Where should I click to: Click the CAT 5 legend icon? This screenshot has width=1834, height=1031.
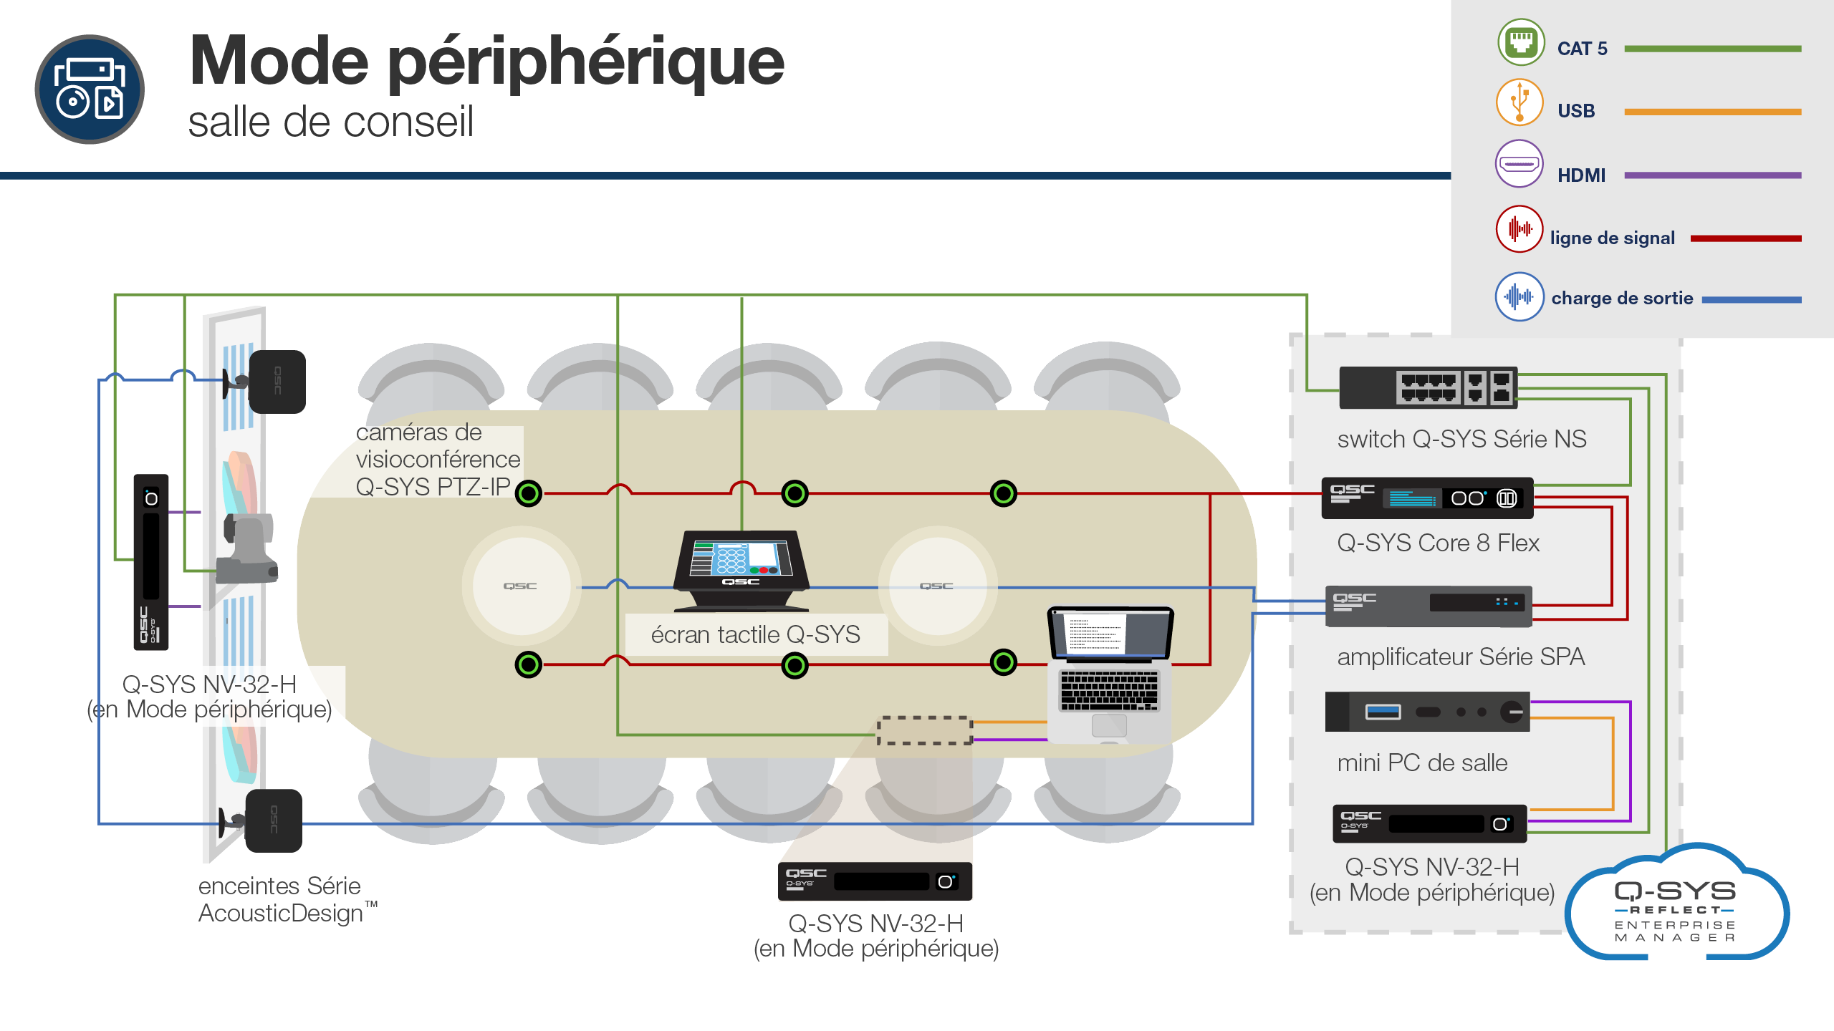(x=1521, y=42)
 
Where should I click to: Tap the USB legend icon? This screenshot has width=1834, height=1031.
(x=1519, y=102)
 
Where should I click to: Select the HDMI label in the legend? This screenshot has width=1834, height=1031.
(x=1581, y=175)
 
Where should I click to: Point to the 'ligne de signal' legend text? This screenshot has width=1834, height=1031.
(x=1612, y=238)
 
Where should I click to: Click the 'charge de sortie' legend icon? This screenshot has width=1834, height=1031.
(x=1519, y=296)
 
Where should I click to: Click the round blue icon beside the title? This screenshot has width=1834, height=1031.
(x=90, y=89)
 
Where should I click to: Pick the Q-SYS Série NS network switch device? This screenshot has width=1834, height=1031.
(x=1429, y=388)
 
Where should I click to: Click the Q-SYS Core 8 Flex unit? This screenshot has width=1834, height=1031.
(x=1427, y=498)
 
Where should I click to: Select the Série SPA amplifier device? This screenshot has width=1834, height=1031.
(x=1429, y=606)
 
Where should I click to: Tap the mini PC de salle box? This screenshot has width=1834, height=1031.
(x=1427, y=712)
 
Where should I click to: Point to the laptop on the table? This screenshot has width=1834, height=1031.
(x=1110, y=675)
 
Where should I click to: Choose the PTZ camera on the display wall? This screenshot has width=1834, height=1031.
(x=247, y=548)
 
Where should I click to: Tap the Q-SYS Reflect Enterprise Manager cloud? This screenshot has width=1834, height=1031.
(x=1676, y=904)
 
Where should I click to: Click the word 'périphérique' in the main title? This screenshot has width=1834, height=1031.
(x=586, y=63)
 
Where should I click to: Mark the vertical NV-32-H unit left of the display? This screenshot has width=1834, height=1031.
(x=151, y=562)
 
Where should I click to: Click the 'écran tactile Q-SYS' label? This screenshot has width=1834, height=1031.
(x=756, y=634)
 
